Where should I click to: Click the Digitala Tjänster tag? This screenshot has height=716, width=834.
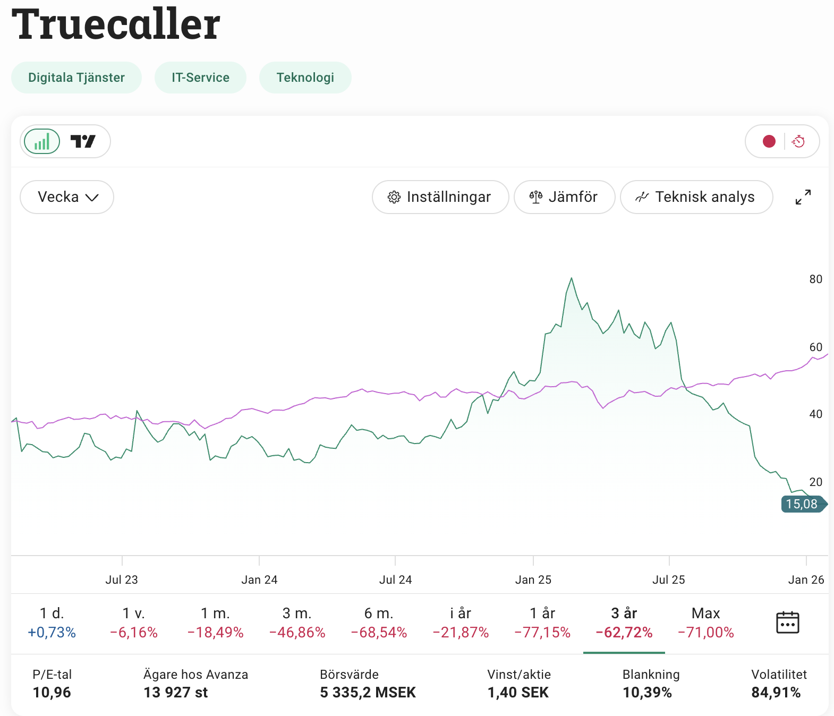coord(76,78)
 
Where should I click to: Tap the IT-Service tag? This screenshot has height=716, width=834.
coord(200,78)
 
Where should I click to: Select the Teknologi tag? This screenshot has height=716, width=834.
coord(305,78)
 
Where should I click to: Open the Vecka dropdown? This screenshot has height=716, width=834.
coord(67,197)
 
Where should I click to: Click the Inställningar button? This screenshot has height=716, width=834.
coord(440,197)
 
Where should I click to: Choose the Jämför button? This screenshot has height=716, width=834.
coord(564,197)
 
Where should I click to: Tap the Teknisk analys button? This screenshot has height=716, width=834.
coord(696,197)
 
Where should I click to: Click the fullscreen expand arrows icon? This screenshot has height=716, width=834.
coord(803,197)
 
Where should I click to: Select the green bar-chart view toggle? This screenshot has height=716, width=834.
coord(42,142)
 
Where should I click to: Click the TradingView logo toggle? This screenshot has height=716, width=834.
coord(83,142)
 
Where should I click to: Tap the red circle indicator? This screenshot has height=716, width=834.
coord(769,141)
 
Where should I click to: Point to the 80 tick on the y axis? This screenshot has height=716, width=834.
coord(815,279)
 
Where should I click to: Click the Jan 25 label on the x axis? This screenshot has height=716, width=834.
coord(533,579)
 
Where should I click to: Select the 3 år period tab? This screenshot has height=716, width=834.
coord(624,623)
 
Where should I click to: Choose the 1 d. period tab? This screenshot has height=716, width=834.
coord(52,623)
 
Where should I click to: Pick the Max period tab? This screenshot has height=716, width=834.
coord(705,623)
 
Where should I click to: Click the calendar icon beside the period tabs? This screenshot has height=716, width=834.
coord(787,623)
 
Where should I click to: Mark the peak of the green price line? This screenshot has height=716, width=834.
coord(572,278)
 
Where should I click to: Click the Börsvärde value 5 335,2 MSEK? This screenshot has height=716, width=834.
coord(368,693)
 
